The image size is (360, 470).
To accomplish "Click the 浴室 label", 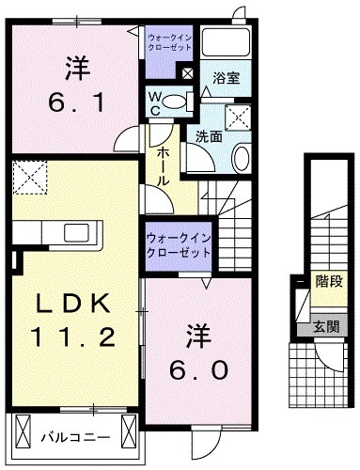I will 226,79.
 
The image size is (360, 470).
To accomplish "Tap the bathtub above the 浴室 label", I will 225,42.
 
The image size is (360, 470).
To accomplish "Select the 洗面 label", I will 209,137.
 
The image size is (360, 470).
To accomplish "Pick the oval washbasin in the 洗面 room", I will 239,157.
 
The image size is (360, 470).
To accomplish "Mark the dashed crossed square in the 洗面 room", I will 238,117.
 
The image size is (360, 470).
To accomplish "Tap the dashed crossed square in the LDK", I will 30,176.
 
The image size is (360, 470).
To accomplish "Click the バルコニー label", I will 75,436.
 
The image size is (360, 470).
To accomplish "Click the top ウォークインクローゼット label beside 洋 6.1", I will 170,41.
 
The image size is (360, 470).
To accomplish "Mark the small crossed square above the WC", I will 188,73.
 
